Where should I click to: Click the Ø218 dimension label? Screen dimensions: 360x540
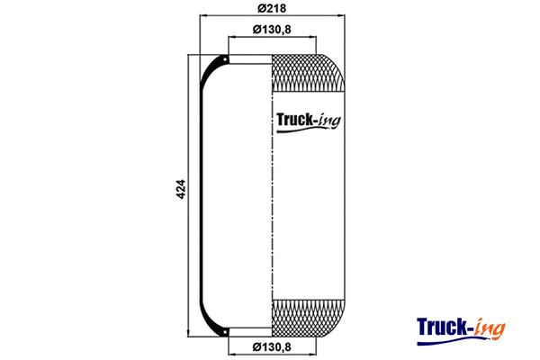(272, 8)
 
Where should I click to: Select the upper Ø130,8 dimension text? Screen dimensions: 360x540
(272, 29)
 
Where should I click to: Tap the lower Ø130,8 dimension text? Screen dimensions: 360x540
(272, 347)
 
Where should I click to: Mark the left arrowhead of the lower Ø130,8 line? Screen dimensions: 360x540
(231, 340)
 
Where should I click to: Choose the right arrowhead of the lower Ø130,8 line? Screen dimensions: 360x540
(312, 340)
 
